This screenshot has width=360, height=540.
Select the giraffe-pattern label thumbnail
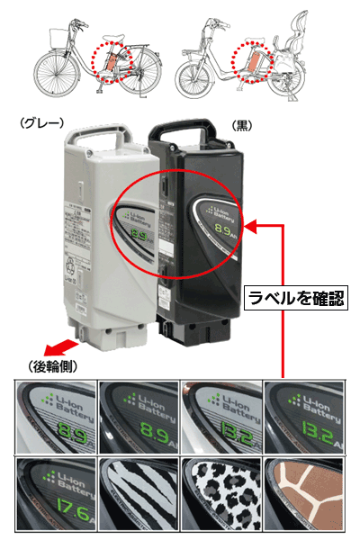tap(301, 495)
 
